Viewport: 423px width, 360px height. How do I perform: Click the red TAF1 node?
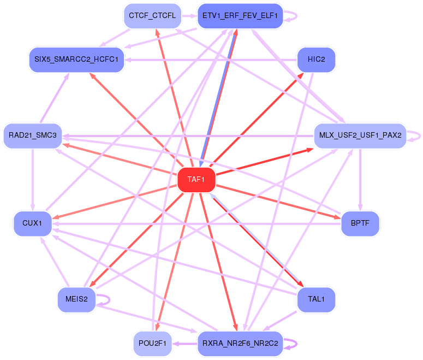click(x=196, y=180)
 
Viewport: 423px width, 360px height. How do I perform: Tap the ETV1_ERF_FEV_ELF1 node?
click(x=240, y=16)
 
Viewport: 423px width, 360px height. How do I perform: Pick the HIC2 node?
click(x=316, y=59)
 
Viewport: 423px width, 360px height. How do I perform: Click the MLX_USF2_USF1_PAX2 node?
click(x=360, y=135)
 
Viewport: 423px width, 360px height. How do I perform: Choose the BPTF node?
click(x=360, y=223)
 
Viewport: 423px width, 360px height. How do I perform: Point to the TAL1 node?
click(x=316, y=299)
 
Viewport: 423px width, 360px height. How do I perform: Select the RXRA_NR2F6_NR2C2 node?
click(x=240, y=344)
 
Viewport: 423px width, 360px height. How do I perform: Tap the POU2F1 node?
click(x=152, y=344)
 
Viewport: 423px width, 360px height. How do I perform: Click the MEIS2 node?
click(x=76, y=299)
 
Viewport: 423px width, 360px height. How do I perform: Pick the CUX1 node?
click(x=33, y=223)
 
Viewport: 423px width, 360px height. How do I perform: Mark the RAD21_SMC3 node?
click(x=33, y=135)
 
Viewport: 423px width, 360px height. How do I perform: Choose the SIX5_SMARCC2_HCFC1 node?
click(x=76, y=59)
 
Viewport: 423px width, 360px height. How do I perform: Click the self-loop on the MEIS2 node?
click(x=108, y=299)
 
